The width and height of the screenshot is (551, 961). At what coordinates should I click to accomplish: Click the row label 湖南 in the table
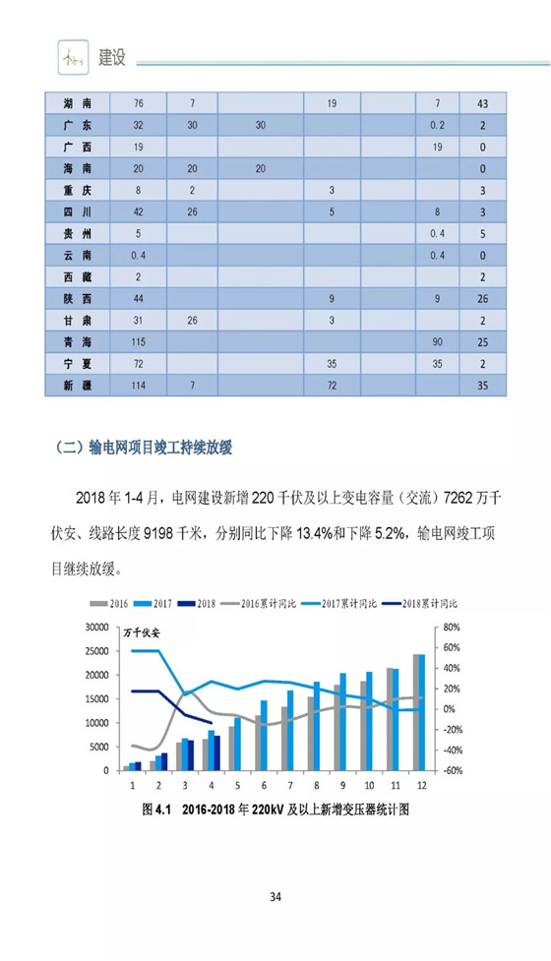[77, 103]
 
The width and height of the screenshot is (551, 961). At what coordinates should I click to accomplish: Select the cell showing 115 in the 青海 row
[138, 342]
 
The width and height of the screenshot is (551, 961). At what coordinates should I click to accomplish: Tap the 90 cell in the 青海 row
[437, 342]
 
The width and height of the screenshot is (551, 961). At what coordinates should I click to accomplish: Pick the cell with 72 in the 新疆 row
[332, 386]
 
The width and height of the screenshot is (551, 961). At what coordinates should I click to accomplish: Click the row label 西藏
[77, 277]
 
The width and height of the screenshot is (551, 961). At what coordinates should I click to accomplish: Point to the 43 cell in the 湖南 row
[483, 103]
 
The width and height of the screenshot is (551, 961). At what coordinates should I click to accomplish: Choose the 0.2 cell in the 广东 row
[437, 125]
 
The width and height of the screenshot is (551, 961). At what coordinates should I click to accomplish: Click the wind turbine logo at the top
[73, 58]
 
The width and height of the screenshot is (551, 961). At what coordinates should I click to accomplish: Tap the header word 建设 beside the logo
[112, 58]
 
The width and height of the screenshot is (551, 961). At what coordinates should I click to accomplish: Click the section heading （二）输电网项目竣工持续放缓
[144, 448]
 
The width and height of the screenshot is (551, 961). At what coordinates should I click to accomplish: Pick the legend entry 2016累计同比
[258, 604]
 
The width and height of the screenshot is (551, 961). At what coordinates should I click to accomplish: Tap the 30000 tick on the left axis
[96, 627]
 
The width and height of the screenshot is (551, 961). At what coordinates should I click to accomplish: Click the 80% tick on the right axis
[451, 627]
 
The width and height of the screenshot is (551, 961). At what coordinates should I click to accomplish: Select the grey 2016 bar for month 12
[416, 712]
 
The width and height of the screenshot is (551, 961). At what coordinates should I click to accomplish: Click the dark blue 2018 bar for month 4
[217, 752]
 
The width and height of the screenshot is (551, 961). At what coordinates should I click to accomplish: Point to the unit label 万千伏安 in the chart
[142, 633]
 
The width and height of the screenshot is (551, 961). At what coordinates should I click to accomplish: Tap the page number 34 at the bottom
[275, 897]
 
